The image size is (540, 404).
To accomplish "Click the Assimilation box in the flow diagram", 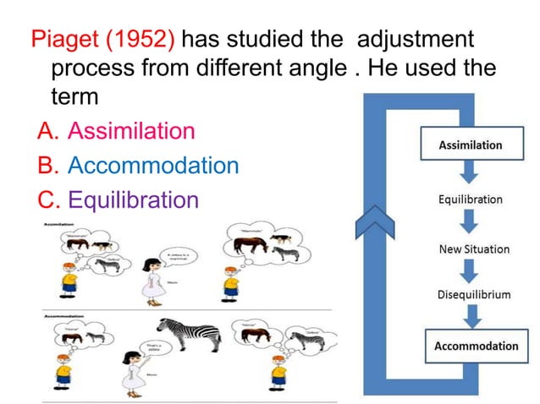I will tap(470, 145).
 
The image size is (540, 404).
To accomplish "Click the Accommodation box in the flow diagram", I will tap(476, 346).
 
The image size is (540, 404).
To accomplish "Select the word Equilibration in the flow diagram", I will tap(470, 200).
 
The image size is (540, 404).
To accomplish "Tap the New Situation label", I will tap(474, 248).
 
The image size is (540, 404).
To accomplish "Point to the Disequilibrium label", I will tap(474, 295).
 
